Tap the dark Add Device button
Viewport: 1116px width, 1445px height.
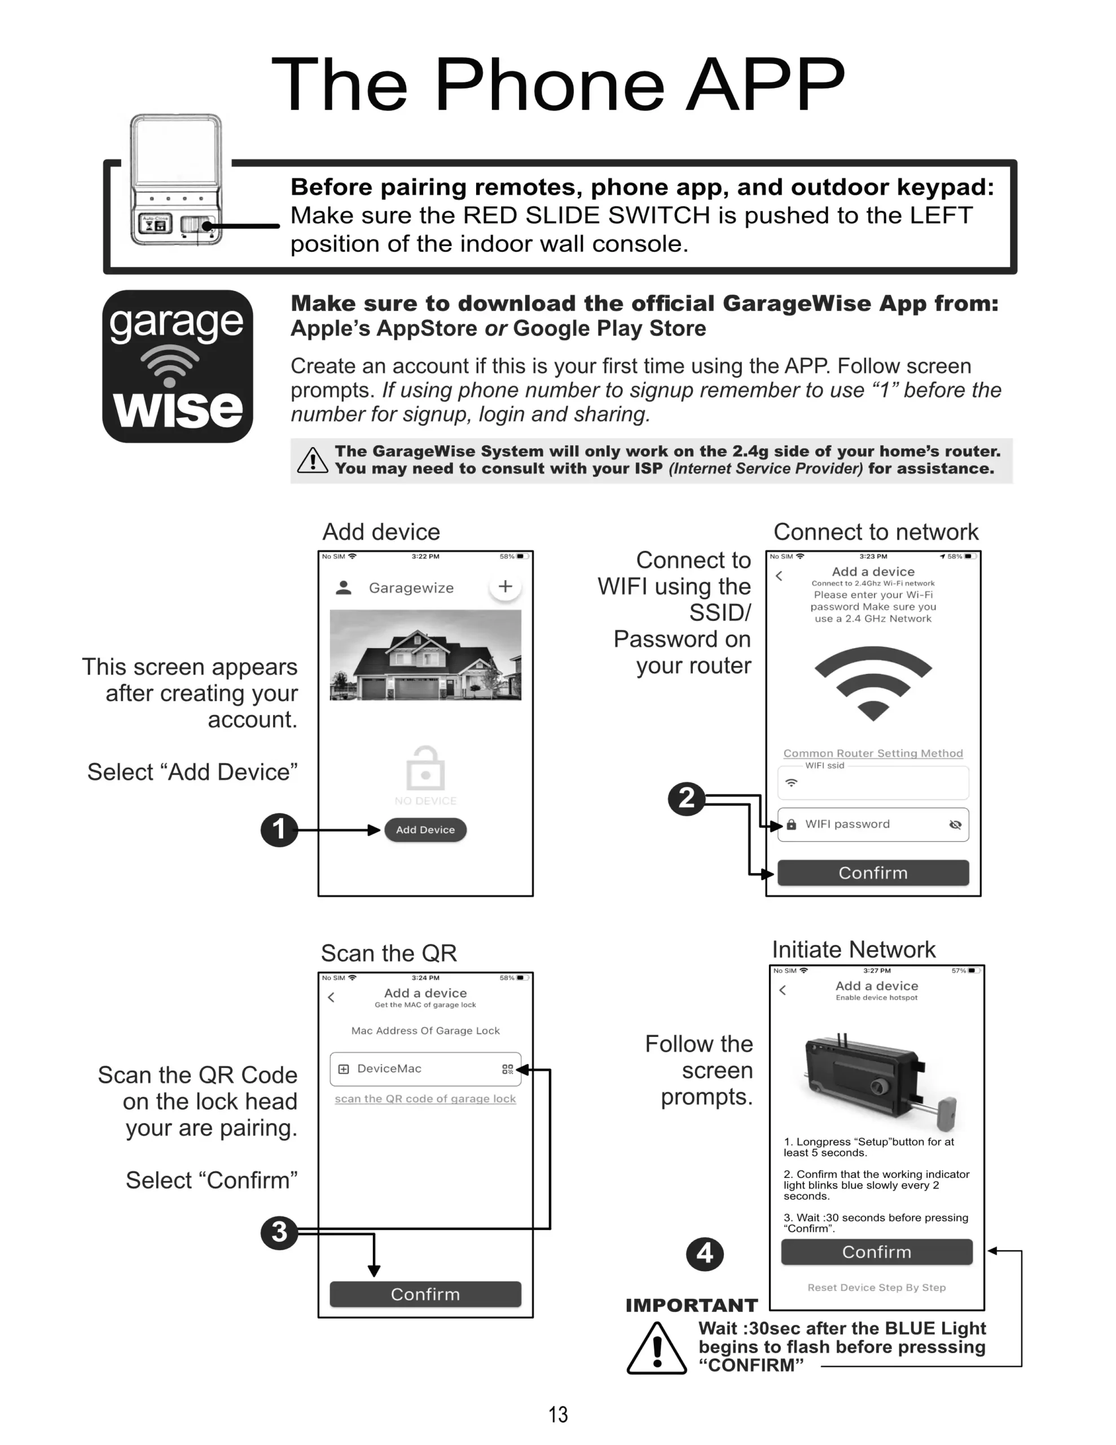425,830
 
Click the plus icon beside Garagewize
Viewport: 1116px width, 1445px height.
506,586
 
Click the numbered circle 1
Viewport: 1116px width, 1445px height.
279,830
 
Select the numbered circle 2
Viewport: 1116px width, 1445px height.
687,798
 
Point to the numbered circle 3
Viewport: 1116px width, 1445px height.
279,1232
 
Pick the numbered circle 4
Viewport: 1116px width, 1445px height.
705,1254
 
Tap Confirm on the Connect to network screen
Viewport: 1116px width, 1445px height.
873,873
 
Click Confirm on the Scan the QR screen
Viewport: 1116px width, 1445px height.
425,1294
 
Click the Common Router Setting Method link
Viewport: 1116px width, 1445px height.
873,753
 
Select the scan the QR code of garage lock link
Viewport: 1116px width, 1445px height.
425,1098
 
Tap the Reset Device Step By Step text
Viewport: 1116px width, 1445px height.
877,1288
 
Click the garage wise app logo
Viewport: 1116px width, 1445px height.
177,366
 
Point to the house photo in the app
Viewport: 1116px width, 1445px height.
425,655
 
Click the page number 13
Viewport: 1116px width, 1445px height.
557,1415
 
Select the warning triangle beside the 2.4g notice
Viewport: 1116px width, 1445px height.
312,461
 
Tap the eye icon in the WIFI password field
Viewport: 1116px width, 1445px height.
955,825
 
